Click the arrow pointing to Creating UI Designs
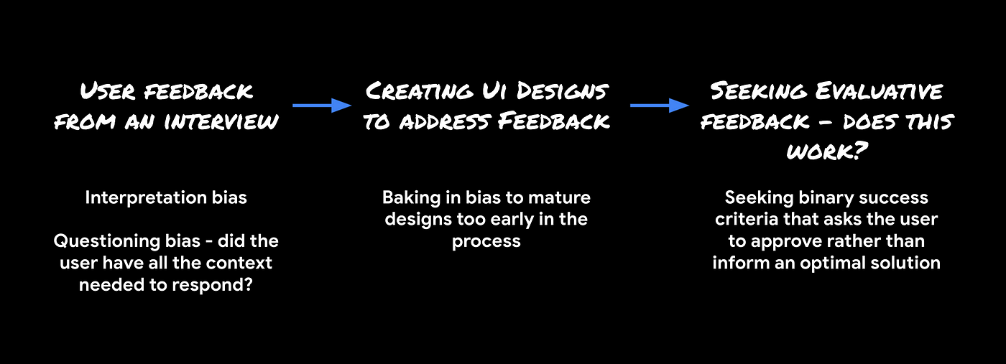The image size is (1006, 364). click(x=322, y=106)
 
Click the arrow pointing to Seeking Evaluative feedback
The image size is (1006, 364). click(x=660, y=106)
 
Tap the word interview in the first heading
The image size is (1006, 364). click(x=221, y=121)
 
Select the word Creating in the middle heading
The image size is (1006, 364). click(x=419, y=91)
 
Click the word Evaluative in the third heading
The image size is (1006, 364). click(x=879, y=91)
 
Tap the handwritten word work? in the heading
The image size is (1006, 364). click(x=827, y=151)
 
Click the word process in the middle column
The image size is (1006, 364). click(x=486, y=242)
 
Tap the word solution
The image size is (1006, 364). click(x=905, y=263)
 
